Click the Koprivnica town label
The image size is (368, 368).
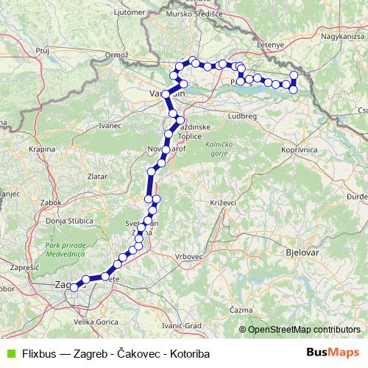click(298, 150)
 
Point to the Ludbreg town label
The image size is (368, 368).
click(241, 116)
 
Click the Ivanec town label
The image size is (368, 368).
click(110, 126)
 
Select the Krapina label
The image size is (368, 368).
click(43, 149)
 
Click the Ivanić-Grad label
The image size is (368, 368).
click(182, 325)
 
